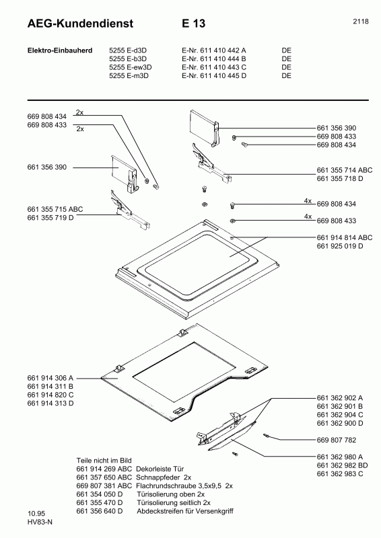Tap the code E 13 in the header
193,24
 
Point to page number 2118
359,22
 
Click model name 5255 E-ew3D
131,67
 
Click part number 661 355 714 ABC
344,170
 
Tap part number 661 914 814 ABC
344,237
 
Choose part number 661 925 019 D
340,246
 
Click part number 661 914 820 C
50,395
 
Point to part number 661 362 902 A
340,398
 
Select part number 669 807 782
338,440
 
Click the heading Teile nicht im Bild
104,460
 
